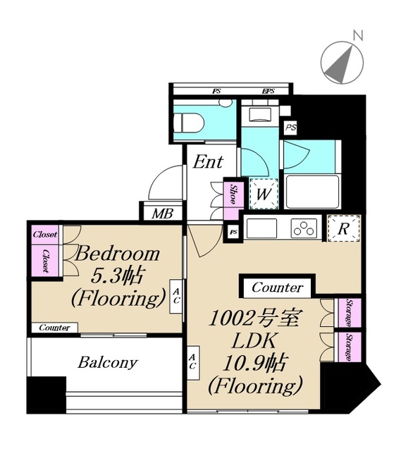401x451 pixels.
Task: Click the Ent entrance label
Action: [208, 163]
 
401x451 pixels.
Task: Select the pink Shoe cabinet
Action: [232, 194]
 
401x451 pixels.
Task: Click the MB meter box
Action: [163, 212]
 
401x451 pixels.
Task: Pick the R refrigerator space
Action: [344, 228]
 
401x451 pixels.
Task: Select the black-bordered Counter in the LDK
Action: [277, 288]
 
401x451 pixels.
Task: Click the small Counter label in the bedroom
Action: [54, 328]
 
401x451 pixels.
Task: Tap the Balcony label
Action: [107, 364]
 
